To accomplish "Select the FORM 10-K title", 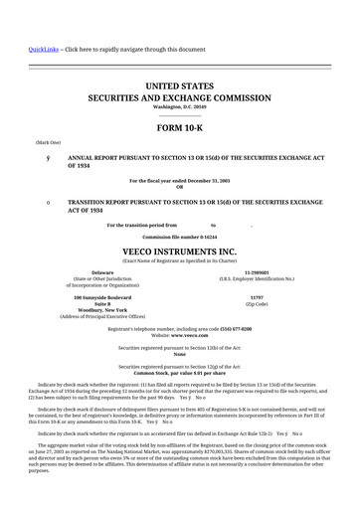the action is (179, 128).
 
